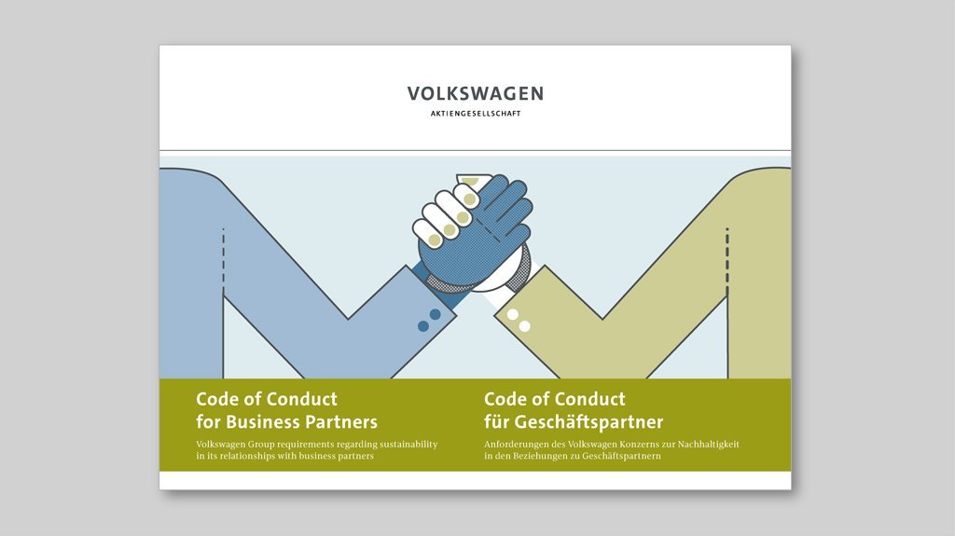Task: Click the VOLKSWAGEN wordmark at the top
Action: click(475, 93)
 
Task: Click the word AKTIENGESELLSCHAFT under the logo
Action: click(475, 114)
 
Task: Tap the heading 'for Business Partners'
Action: click(286, 421)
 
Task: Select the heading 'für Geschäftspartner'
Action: click(574, 421)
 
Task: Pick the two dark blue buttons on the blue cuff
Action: click(429, 321)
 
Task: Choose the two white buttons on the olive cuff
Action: click(519, 321)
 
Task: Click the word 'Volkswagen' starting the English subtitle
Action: click(220, 445)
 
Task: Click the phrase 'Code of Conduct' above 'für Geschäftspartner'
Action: click(554, 399)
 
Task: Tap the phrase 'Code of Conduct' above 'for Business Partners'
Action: click(266, 399)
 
